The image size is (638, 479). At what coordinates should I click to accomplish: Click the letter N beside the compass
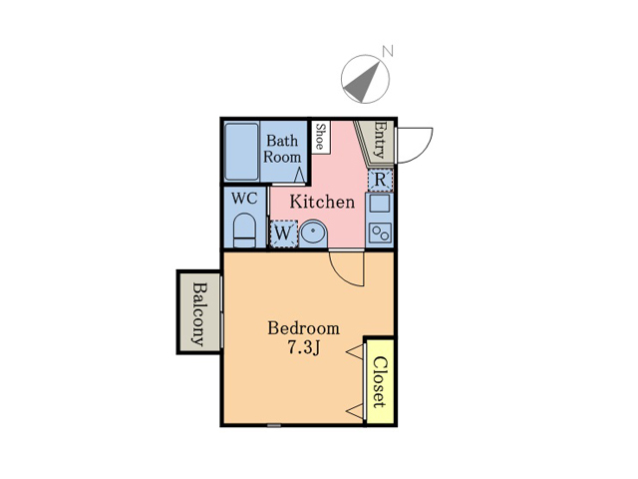point(388,52)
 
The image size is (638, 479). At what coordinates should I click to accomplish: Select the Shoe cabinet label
point(321,137)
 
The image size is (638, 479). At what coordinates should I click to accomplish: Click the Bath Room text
point(282,149)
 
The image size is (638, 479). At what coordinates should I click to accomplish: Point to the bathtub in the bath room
point(241,152)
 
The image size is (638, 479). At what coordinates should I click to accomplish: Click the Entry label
point(379,140)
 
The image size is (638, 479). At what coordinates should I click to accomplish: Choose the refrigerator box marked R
point(380,180)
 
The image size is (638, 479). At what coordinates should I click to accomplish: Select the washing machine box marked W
point(283,234)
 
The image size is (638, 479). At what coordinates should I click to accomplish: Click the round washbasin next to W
point(314,233)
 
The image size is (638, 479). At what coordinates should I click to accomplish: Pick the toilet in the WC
point(244,230)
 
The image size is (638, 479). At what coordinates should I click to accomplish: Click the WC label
point(244,199)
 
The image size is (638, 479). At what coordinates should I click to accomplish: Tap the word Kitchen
point(322,202)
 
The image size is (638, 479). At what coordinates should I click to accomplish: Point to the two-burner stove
point(380,234)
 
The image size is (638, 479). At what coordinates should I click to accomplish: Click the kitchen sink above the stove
point(380,204)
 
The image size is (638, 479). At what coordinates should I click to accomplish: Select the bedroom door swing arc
point(346,268)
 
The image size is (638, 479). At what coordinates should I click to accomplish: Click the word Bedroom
point(303,328)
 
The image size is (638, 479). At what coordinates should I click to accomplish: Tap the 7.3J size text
point(303,348)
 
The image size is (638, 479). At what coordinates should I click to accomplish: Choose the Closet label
point(379,382)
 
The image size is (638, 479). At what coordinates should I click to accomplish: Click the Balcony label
point(199,313)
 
